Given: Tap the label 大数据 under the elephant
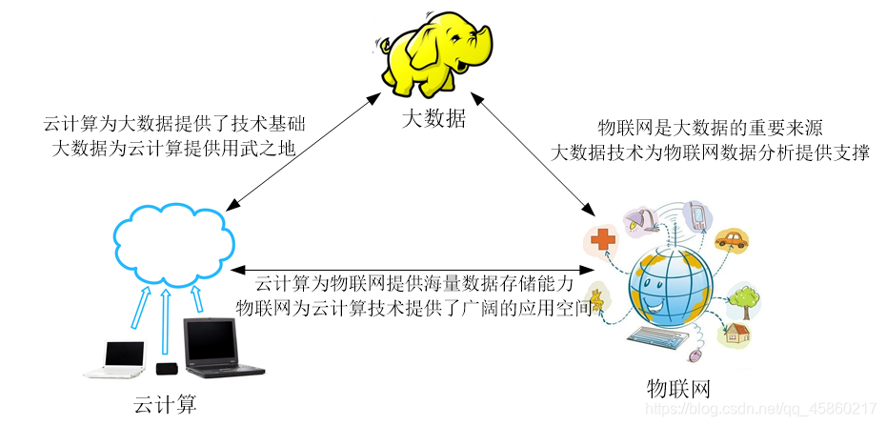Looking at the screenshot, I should pyautogui.click(x=433, y=120).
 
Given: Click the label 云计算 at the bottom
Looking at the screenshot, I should pyautogui.click(x=165, y=405).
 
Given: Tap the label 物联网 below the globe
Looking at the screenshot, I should pyautogui.click(x=678, y=388).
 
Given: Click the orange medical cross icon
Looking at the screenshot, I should pyautogui.click(x=603, y=238).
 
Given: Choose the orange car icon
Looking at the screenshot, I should pyautogui.click(x=732, y=237).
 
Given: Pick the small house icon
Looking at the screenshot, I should pyautogui.click(x=735, y=334).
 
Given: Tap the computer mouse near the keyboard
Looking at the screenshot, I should pyautogui.click(x=695, y=355).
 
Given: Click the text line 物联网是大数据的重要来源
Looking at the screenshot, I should pyautogui.click(x=710, y=128).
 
